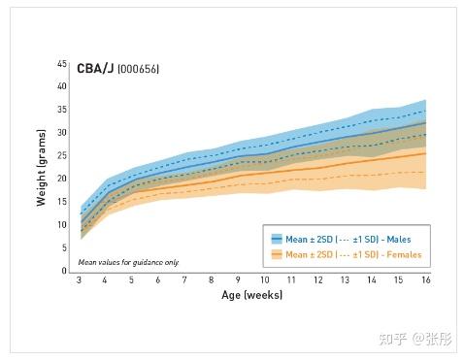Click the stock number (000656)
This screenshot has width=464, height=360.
coord(138,71)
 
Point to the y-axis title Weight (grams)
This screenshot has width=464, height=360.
coord(40,167)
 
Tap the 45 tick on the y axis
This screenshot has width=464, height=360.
coord(61,64)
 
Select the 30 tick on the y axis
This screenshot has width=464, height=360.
coord(61,132)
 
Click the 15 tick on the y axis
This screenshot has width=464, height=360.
coord(61,202)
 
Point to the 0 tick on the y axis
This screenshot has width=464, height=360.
coord(64,271)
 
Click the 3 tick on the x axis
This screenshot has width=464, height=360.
coord(80,280)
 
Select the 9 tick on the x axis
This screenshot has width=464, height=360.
coord(238,280)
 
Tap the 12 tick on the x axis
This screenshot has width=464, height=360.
coord(317,280)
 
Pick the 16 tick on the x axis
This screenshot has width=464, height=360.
coord(424,280)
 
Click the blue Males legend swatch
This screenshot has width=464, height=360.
coord(277,238)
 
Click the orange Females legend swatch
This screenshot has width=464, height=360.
coord(277,254)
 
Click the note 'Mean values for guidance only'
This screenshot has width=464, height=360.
coord(128,262)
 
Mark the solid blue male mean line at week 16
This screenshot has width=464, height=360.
coord(424,122)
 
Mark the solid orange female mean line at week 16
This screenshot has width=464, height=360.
coord(424,153)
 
